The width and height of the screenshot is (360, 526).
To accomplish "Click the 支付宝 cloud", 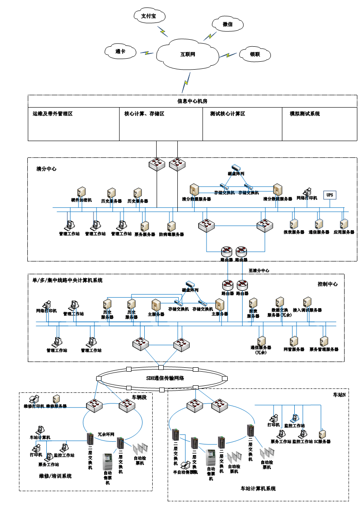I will pos(149,16).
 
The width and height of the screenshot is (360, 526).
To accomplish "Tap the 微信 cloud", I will pos(228,25).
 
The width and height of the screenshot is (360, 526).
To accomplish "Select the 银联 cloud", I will pos(255,55).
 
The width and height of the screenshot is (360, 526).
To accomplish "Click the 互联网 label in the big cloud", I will pos(187,55).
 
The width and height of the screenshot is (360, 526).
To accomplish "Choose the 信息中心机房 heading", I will pos(192,101).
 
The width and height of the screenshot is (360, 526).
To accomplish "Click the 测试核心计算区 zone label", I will pos(228,114).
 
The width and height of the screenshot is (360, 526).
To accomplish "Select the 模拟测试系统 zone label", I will pos(304,114).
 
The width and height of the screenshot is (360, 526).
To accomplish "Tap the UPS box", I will pos(329,194).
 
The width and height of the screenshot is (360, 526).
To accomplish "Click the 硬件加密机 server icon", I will pos(82,192).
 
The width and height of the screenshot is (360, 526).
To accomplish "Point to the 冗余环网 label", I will pos(105,435).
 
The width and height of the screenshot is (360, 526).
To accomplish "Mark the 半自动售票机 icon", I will pos(185,465).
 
